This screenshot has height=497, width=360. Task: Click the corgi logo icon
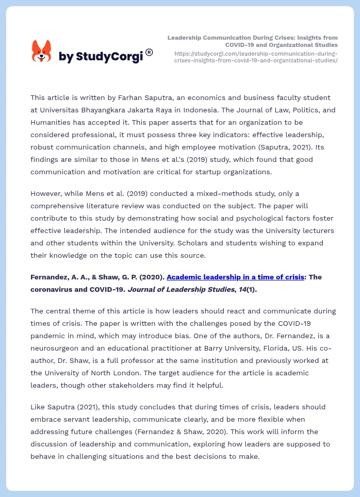[x=41, y=51]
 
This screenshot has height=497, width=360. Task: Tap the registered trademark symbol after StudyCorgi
[x=149, y=52]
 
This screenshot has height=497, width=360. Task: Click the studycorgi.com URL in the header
[x=256, y=57]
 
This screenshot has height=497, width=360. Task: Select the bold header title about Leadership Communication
[x=253, y=41]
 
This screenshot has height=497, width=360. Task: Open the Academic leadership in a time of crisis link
[x=235, y=277]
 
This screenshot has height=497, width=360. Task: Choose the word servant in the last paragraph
[x=69, y=419]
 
